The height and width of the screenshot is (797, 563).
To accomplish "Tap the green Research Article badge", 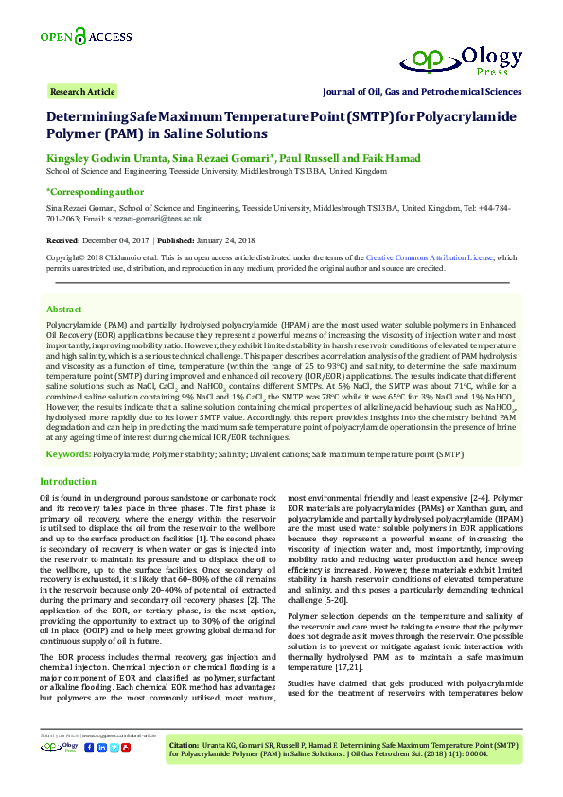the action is coord(82,92).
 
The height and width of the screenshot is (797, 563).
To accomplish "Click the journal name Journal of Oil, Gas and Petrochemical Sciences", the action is coord(422,92).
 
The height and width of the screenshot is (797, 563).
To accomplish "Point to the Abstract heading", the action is coord(64,310).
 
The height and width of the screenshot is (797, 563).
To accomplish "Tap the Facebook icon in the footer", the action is coord(89,747).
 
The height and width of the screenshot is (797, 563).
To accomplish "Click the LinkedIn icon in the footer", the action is coord(101,747).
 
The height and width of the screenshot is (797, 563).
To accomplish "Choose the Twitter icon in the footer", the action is coord(114,747).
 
